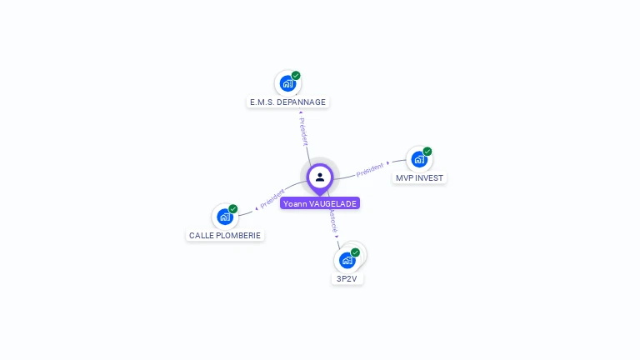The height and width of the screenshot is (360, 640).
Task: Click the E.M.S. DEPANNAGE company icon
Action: tap(287, 83)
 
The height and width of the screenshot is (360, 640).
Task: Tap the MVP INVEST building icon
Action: tap(418, 159)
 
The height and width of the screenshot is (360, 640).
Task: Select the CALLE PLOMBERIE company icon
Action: tap(224, 217)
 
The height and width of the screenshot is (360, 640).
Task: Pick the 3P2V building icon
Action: tap(347, 260)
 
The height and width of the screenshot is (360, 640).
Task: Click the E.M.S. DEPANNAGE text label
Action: tap(288, 102)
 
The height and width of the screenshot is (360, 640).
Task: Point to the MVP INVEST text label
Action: tap(420, 178)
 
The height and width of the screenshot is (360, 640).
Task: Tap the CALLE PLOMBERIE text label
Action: tap(225, 236)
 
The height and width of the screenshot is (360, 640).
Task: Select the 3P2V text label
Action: tap(347, 279)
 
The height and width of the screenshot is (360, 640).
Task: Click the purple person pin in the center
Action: tap(320, 177)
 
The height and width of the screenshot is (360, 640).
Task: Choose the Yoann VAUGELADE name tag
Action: tap(320, 203)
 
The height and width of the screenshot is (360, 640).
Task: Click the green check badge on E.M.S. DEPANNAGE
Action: tap(296, 76)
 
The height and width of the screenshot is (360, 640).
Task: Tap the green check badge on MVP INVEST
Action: tap(427, 152)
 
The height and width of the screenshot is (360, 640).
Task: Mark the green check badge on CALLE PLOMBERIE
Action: tap(233, 209)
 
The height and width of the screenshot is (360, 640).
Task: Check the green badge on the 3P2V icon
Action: tap(356, 252)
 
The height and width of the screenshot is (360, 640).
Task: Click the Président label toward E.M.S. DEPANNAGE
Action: tap(303, 131)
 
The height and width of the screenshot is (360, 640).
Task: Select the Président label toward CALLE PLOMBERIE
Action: tap(272, 198)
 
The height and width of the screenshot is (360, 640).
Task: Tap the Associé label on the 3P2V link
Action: tap(332, 221)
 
